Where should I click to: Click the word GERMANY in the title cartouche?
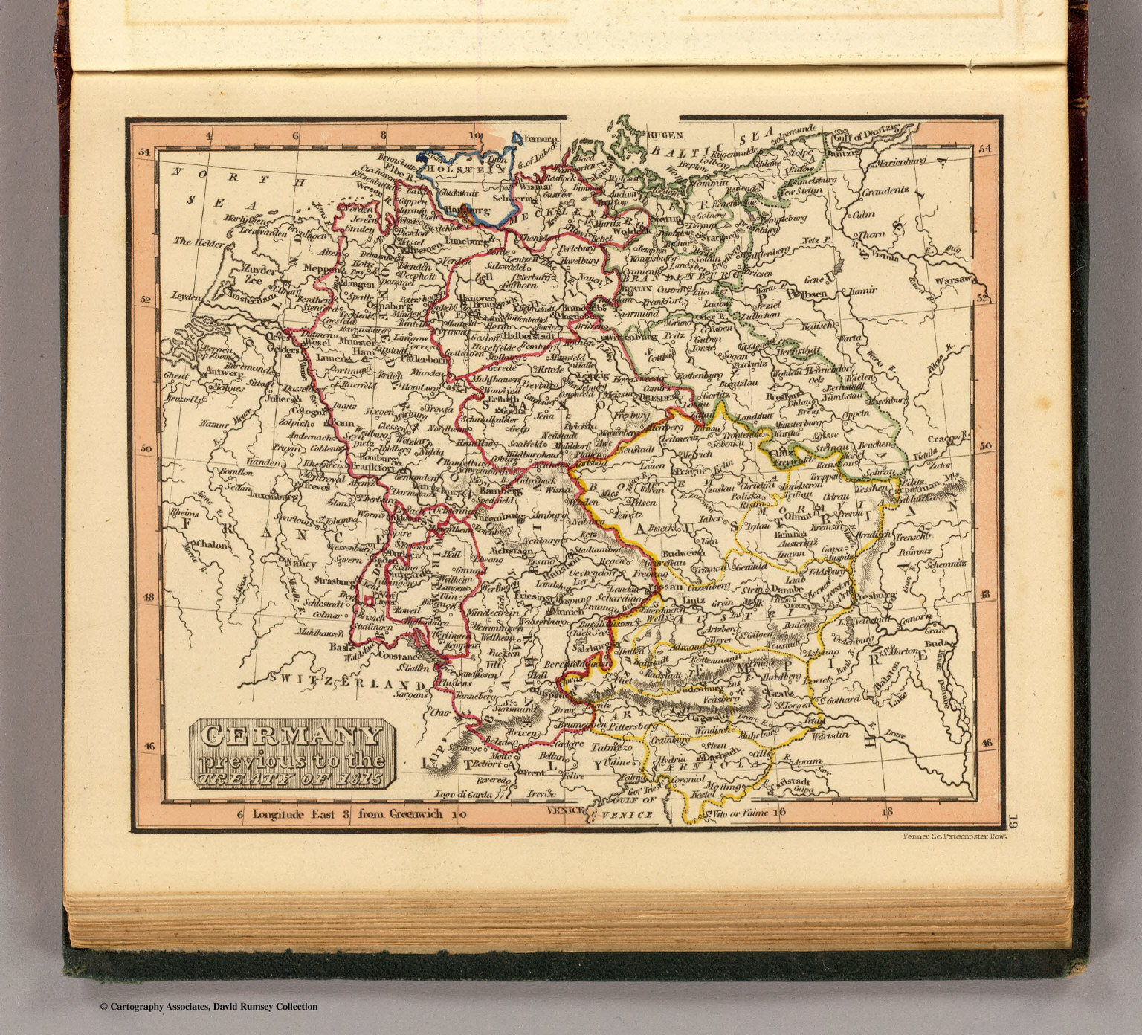point(291,736)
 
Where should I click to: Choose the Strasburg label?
point(333,580)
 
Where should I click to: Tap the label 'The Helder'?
point(194,242)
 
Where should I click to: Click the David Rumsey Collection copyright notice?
point(208,1007)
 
